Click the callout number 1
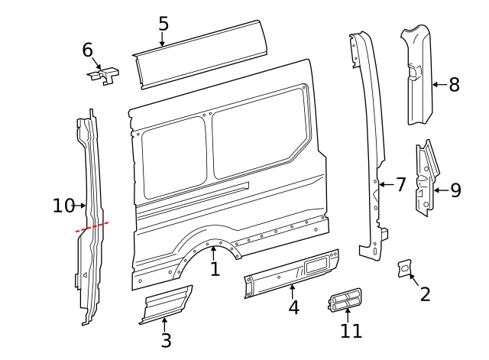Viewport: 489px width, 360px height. pyautogui.click(x=215, y=268)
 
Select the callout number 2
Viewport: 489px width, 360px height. pyautogui.click(x=426, y=293)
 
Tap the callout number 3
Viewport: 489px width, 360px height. pyautogui.click(x=166, y=341)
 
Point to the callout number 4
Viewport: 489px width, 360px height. pyautogui.click(x=293, y=307)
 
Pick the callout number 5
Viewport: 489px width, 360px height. pyautogui.click(x=164, y=24)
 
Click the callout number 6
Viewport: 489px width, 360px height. pyautogui.click(x=88, y=50)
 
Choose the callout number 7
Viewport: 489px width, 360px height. pyautogui.click(x=400, y=184)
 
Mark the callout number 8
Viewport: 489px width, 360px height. pyautogui.click(x=454, y=84)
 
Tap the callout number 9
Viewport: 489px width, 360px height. pyautogui.click(x=455, y=190)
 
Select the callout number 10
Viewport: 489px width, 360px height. pyautogui.click(x=63, y=206)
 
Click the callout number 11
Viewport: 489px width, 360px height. pyautogui.click(x=351, y=331)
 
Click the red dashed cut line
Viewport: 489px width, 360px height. pyautogui.click(x=92, y=226)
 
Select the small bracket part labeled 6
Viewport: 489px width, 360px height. pyautogui.click(x=104, y=76)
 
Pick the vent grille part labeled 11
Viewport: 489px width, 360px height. pyautogui.click(x=347, y=300)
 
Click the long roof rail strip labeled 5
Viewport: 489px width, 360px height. pyautogui.click(x=200, y=53)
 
